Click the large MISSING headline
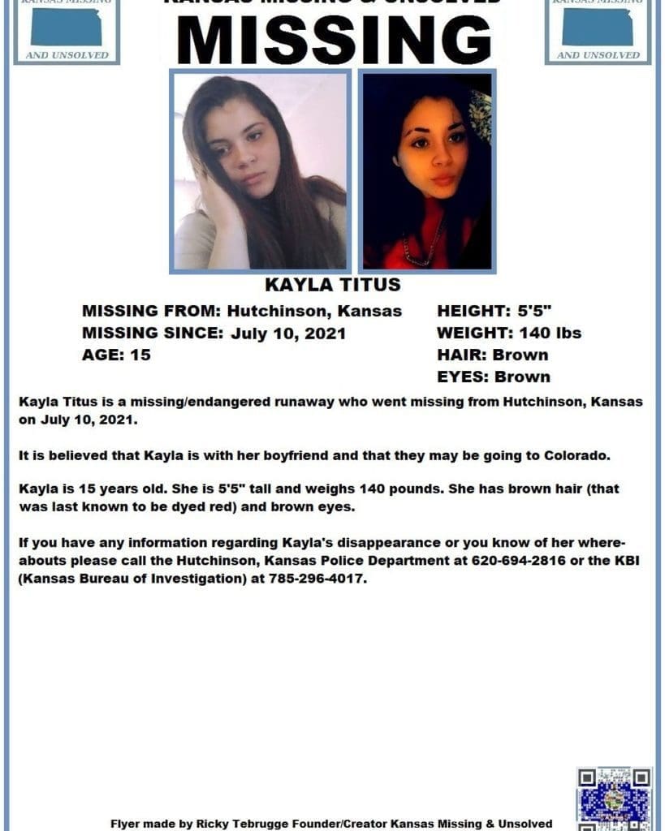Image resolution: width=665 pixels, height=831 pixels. (x=333, y=39)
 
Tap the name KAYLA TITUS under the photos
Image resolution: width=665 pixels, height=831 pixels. (x=333, y=285)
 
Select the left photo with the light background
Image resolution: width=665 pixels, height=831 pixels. (x=260, y=171)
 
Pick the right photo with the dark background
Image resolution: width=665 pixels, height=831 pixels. (x=427, y=171)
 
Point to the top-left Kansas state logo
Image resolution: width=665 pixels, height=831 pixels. (x=67, y=29)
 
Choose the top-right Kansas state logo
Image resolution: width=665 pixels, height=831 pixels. (x=598, y=29)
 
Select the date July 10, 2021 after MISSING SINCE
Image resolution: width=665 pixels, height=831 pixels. (x=288, y=333)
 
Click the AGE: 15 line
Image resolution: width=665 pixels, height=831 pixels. (x=116, y=355)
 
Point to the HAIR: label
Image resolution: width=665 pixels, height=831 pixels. (x=462, y=355)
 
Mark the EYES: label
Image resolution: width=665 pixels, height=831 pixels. (x=463, y=377)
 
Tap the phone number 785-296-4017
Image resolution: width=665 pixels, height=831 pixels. (x=322, y=581)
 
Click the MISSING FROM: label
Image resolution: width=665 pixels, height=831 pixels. (x=152, y=311)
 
